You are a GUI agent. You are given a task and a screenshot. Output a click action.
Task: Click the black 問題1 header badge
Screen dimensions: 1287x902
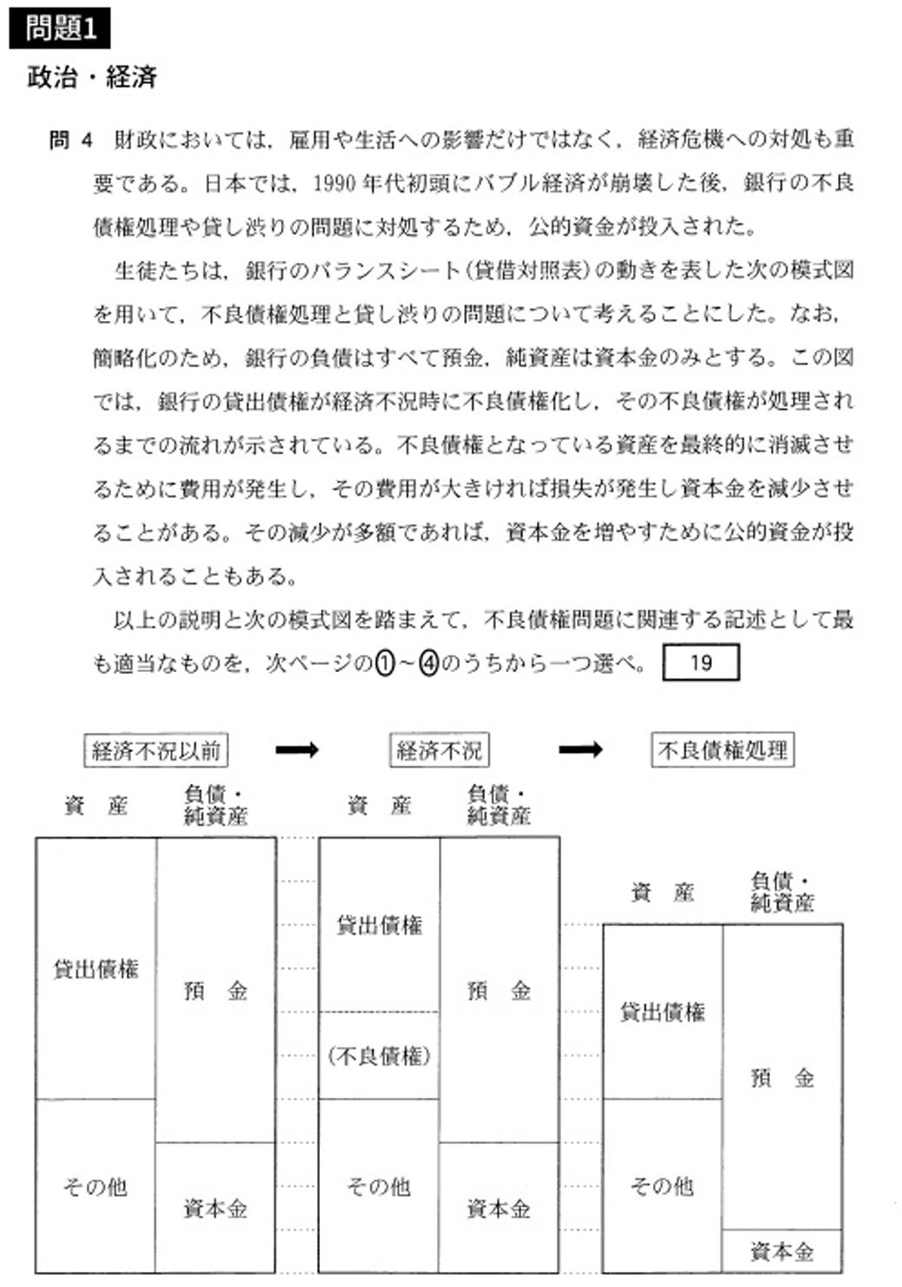click(x=60, y=29)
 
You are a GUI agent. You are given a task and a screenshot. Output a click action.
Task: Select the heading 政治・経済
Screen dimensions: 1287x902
click(x=91, y=78)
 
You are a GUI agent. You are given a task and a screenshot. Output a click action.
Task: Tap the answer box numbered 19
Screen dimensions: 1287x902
click(x=701, y=663)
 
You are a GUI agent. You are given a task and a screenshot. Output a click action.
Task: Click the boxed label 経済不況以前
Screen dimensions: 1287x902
click(x=156, y=750)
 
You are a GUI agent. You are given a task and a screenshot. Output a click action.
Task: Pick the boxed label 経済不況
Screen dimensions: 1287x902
click(x=439, y=750)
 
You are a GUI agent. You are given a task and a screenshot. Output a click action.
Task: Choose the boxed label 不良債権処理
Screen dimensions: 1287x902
click(x=722, y=750)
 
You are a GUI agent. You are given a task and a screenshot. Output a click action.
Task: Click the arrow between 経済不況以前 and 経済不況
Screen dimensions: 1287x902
click(x=297, y=750)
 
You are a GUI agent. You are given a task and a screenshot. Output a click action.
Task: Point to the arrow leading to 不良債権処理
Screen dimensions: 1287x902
click(x=580, y=750)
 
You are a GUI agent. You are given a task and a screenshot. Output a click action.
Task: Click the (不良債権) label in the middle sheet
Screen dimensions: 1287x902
click(x=380, y=1055)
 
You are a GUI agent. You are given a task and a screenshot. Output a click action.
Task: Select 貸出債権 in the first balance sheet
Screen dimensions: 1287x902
click(x=96, y=969)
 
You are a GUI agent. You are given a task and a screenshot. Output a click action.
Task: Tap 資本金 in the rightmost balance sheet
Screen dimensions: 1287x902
click(x=782, y=1252)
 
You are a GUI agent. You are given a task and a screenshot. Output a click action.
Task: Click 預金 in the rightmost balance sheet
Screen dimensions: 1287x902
click(x=782, y=1078)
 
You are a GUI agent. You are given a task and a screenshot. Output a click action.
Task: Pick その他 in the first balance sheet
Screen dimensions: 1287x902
click(x=96, y=1186)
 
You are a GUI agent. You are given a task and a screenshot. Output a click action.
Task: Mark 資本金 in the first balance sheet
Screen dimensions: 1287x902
click(x=216, y=1208)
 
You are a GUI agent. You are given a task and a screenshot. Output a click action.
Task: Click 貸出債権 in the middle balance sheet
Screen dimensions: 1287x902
click(x=380, y=925)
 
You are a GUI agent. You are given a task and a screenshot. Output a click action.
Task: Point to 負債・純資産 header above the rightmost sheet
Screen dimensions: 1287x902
click(x=782, y=892)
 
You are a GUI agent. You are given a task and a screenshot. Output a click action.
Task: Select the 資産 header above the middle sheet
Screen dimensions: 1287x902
click(x=379, y=806)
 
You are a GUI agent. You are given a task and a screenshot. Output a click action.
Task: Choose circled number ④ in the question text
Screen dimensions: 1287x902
click(x=429, y=664)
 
